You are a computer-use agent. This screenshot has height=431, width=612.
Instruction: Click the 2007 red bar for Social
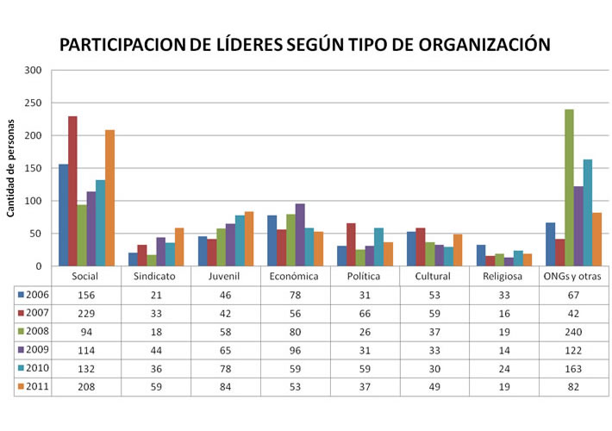pos(73,191)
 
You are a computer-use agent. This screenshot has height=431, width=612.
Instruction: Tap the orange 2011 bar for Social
pos(109,197)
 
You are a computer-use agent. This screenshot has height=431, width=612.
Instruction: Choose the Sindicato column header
pos(156,277)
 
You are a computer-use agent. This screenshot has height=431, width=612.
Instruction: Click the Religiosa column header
pos(504,277)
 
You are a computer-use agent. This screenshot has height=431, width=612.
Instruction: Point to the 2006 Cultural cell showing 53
pos(434,295)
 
